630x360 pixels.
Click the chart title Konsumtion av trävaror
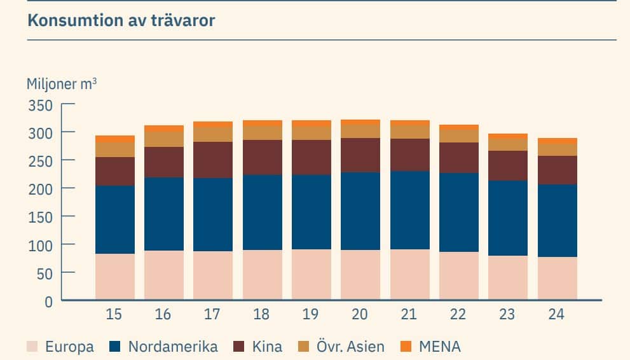tap(121, 20)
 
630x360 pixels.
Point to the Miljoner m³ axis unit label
tap(62, 84)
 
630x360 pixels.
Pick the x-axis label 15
tap(114, 315)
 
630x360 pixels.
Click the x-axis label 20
tap(360, 315)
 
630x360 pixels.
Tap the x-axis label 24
tap(557, 315)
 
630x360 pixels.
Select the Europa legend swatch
tap(32, 347)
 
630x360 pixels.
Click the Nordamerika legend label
tap(173, 347)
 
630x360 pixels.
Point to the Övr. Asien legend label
tap(350, 347)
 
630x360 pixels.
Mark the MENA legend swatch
tap(406, 347)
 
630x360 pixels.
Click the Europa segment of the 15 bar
tap(114, 277)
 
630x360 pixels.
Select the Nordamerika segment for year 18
tap(262, 212)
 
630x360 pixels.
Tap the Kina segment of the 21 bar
tap(409, 155)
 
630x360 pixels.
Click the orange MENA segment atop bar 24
tap(557, 141)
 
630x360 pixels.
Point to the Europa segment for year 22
tap(458, 275)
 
